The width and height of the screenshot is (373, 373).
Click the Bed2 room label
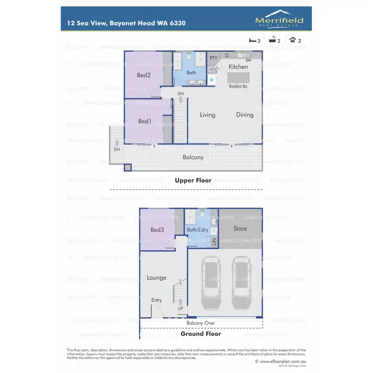(x=144, y=75)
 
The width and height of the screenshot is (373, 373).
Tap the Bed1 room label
(x=144, y=121)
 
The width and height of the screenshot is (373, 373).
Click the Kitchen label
(x=238, y=66)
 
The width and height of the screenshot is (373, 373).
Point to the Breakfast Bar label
(x=239, y=86)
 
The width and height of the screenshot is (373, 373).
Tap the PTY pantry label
(x=213, y=58)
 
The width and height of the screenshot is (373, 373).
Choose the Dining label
(x=245, y=114)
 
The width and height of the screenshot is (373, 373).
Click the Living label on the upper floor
(x=207, y=114)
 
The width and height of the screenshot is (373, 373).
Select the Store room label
(x=240, y=229)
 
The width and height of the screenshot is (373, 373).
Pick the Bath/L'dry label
(x=197, y=230)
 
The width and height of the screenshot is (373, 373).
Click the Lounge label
(x=156, y=278)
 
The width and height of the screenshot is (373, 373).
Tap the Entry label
(x=156, y=300)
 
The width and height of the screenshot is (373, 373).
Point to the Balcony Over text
(x=200, y=323)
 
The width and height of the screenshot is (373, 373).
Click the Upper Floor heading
(x=193, y=181)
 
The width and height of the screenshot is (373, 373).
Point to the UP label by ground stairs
(x=180, y=308)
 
